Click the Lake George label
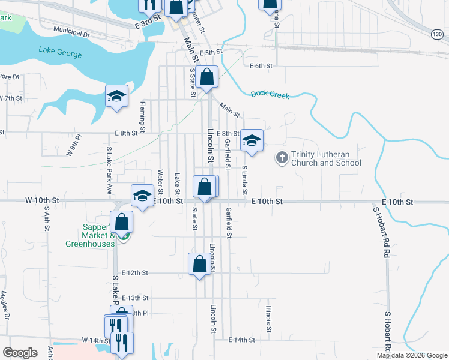click(x=60, y=52)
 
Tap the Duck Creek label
click(x=270, y=94)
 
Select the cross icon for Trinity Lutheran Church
click(x=282, y=158)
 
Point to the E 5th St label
click(x=211, y=53)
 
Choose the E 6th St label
click(x=261, y=65)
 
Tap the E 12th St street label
click(x=134, y=272)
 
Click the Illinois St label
click(x=268, y=319)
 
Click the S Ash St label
click(x=46, y=221)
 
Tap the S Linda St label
click(x=245, y=181)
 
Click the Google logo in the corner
click(x=20, y=353)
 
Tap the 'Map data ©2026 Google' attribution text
click(x=411, y=355)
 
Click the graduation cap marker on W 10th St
click(x=142, y=196)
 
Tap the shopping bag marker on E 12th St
click(x=199, y=264)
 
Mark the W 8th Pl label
click(x=73, y=148)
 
